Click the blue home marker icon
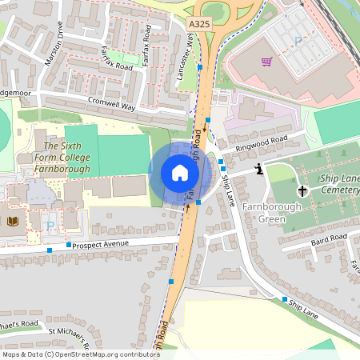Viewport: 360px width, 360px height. [x=180, y=172]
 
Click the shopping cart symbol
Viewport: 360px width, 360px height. [x=266, y=61]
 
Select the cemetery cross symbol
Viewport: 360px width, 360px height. [x=302, y=190]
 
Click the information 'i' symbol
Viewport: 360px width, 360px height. [x=259, y=169]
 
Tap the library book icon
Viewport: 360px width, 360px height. [x=11, y=221]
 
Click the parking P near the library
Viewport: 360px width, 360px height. [x=50, y=226]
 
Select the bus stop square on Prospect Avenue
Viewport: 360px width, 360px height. [x=70, y=245]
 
